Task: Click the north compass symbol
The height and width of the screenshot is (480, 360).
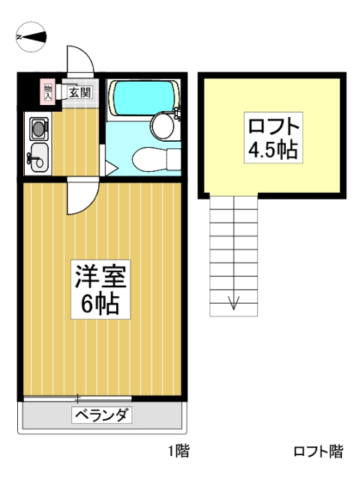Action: (31, 37)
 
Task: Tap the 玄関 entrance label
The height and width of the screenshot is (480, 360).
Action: (80, 92)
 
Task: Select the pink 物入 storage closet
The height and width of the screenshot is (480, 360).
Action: (48, 91)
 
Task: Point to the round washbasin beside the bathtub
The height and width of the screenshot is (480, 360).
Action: (163, 125)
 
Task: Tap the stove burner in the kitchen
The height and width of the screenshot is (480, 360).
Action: (38, 128)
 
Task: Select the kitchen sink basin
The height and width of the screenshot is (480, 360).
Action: (38, 157)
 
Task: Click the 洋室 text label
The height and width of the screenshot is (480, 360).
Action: (100, 277)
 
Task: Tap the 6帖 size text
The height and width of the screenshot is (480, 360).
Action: (100, 304)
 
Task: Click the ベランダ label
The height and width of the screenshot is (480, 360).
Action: (102, 415)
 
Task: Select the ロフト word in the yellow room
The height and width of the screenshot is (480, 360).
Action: (273, 127)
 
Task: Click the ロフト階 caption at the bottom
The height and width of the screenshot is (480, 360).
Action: (318, 451)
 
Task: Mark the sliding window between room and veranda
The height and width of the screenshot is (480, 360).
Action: (78, 398)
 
